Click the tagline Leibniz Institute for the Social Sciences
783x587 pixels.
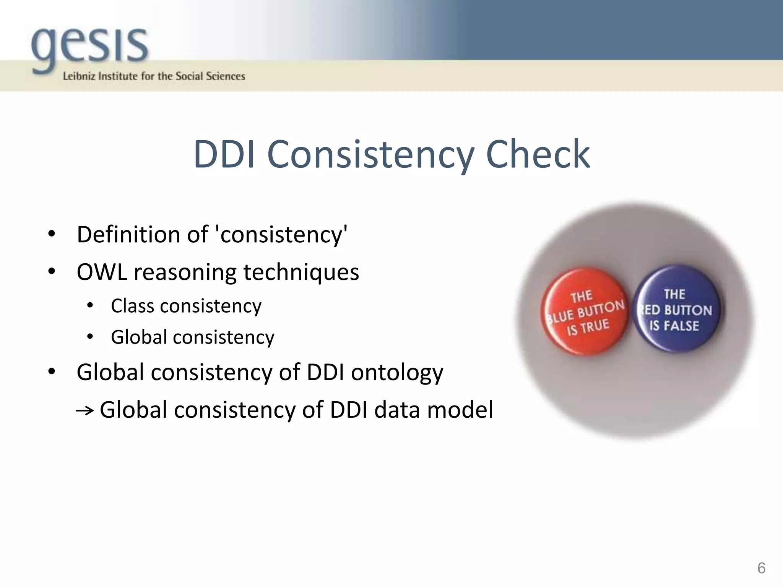[x=154, y=76]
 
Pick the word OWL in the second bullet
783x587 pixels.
[x=102, y=272]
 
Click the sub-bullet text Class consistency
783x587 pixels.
[x=186, y=306]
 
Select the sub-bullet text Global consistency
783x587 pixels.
[x=193, y=337]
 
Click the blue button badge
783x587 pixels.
[x=676, y=309]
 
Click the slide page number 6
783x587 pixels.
[x=761, y=568]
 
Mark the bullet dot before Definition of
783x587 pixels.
[x=52, y=234]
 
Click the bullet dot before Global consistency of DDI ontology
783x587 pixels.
[x=52, y=372]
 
